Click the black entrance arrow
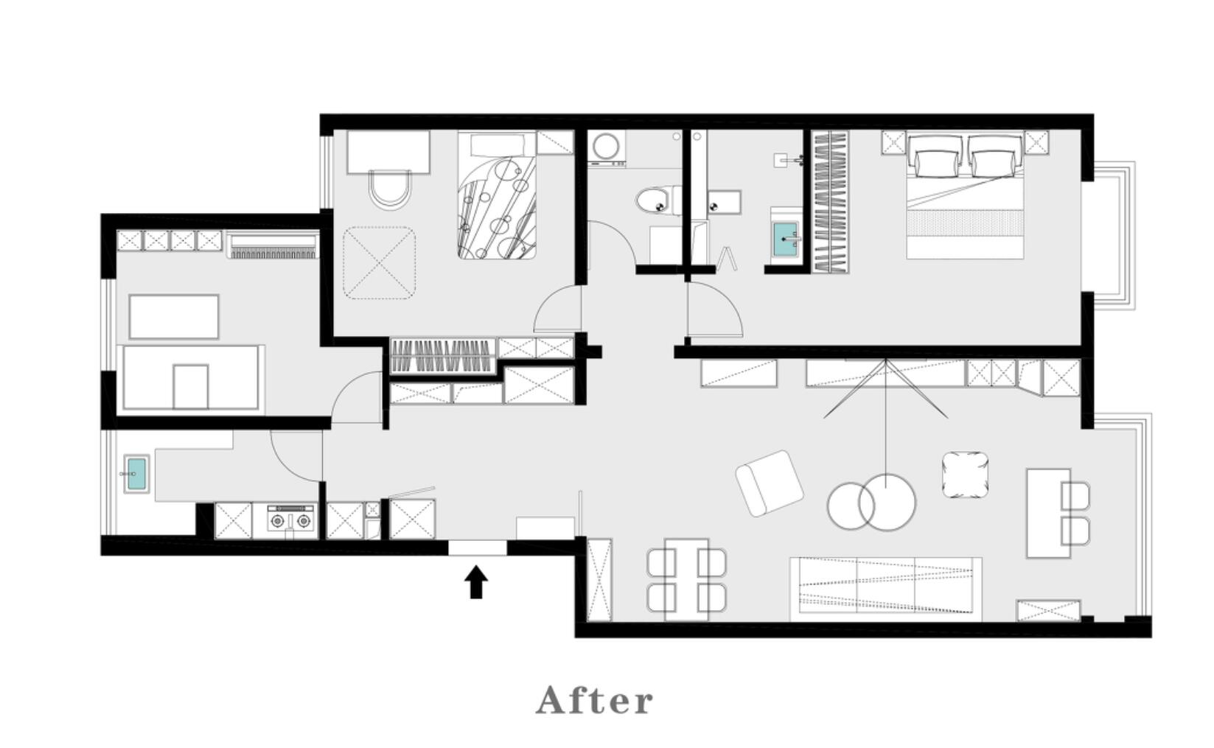click(x=476, y=581)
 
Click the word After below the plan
click(x=595, y=700)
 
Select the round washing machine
click(x=607, y=147)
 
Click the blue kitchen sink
click(x=136, y=474)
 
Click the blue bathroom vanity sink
click(x=785, y=239)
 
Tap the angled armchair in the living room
click(x=769, y=483)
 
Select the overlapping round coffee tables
click(x=871, y=503)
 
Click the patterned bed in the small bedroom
click(x=497, y=195)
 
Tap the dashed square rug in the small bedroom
click(x=380, y=263)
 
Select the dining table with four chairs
click(x=687, y=580)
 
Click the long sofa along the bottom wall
click(x=885, y=589)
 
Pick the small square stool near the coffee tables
click(x=965, y=475)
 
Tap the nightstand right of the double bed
click(x=1036, y=142)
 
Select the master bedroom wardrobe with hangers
click(x=830, y=202)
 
